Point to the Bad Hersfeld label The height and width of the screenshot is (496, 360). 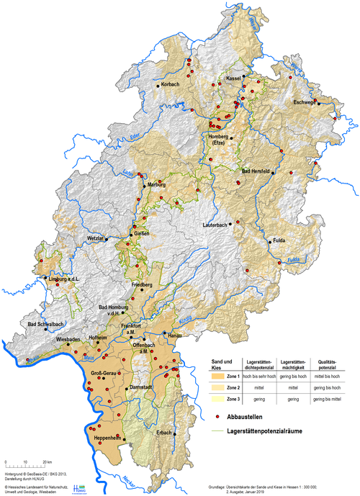pyautogui.click(x=255, y=171)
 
